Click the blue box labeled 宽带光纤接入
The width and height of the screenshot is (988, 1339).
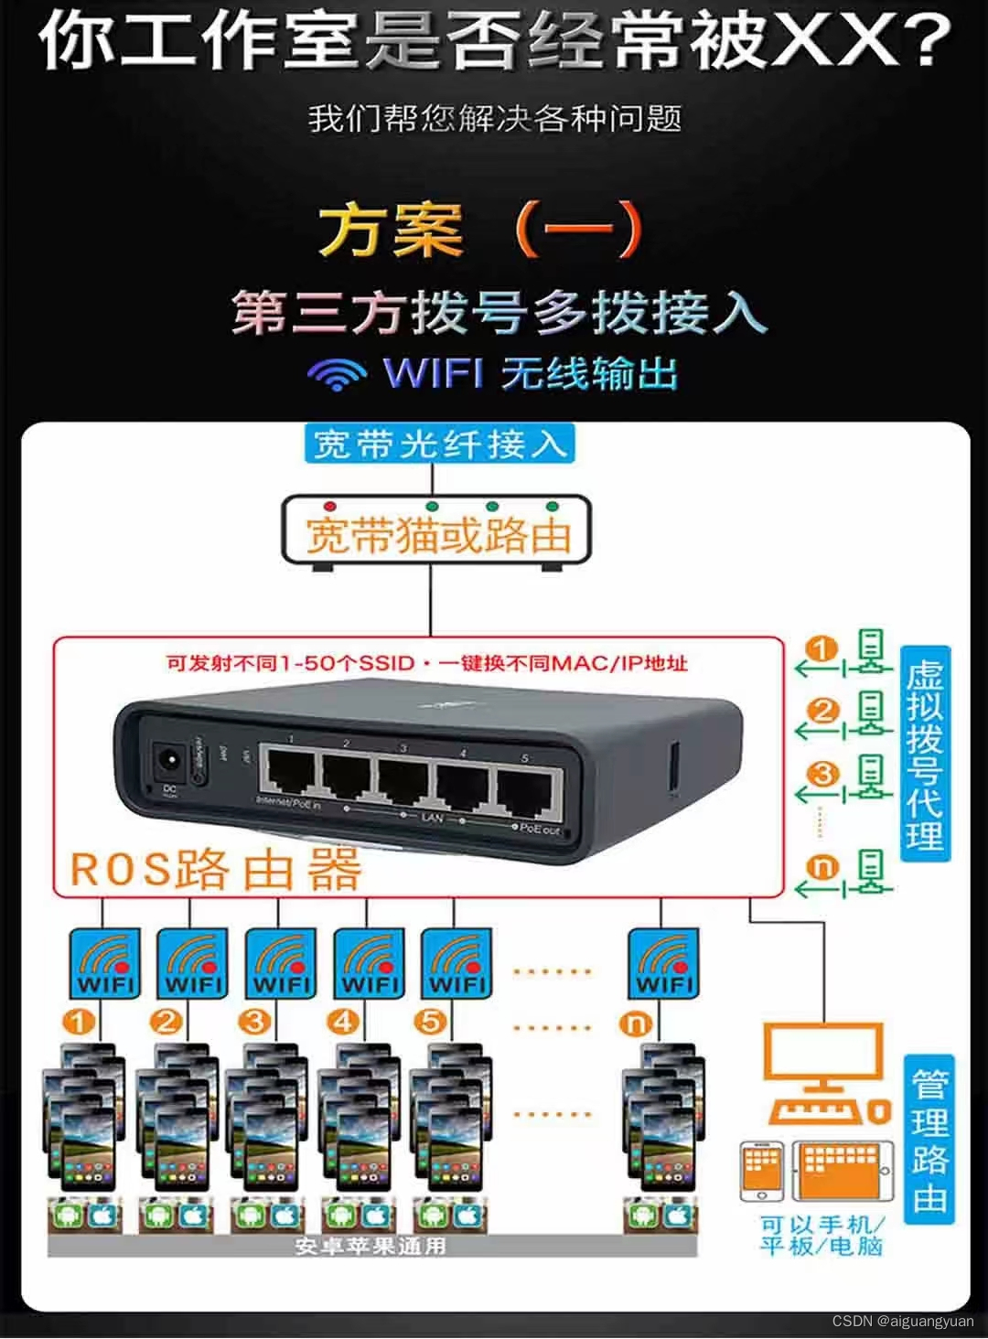coord(438,445)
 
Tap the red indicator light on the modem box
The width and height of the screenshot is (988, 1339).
coord(330,506)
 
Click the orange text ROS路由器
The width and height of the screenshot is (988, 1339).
coord(215,868)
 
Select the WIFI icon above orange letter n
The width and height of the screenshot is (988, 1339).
coord(662,964)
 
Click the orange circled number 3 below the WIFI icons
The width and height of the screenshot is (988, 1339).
coord(254,1022)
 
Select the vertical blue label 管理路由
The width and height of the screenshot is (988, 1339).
coord(929,1140)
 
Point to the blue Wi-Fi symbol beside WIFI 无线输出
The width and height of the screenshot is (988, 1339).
coord(337,373)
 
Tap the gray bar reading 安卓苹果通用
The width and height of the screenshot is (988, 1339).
coord(370,1246)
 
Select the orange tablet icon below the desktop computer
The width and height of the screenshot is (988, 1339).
coord(841,1172)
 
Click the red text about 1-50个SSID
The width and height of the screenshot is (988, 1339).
coord(426,662)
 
